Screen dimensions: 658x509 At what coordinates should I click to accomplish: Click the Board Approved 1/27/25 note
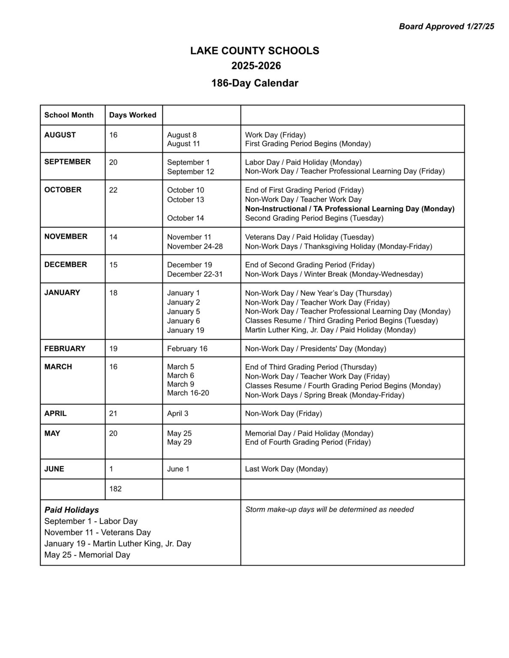pyautogui.click(x=446, y=27)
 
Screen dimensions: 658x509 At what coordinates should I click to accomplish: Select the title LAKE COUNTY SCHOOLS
pyautogui.click(x=255, y=51)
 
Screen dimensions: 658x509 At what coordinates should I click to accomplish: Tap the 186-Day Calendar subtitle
pyautogui.click(x=255, y=83)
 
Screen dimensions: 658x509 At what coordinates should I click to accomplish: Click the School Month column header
pyautogui.click(x=69, y=115)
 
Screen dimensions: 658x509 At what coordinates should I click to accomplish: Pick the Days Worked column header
pyautogui.click(x=133, y=115)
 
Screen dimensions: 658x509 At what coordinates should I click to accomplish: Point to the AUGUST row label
pyautogui.click(x=60, y=135)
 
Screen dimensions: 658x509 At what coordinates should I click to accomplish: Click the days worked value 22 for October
pyautogui.click(x=113, y=190)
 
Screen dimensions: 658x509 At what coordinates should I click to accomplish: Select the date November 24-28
pyautogui.click(x=195, y=246)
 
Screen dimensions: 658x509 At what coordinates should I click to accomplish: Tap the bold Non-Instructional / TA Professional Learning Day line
pyautogui.click(x=349, y=209)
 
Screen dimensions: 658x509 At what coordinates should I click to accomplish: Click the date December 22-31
pyautogui.click(x=195, y=274)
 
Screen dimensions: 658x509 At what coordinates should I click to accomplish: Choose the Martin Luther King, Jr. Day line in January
pyautogui.click(x=330, y=330)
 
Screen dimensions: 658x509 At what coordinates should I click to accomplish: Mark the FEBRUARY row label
pyautogui.click(x=65, y=349)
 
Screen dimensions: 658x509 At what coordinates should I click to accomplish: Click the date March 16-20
pyautogui.click(x=188, y=393)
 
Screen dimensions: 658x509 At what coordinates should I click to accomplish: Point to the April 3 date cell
pyautogui.click(x=178, y=413)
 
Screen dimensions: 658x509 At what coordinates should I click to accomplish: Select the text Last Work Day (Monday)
pyautogui.click(x=286, y=469)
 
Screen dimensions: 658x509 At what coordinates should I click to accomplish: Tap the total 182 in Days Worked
pyautogui.click(x=115, y=489)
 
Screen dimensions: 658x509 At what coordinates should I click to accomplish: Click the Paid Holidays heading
pyautogui.click(x=72, y=510)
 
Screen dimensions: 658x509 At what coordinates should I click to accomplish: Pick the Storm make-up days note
pyautogui.click(x=329, y=509)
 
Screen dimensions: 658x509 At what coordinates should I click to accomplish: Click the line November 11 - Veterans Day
pyautogui.click(x=98, y=532)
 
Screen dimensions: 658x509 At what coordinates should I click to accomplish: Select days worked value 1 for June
pyautogui.click(x=111, y=469)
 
